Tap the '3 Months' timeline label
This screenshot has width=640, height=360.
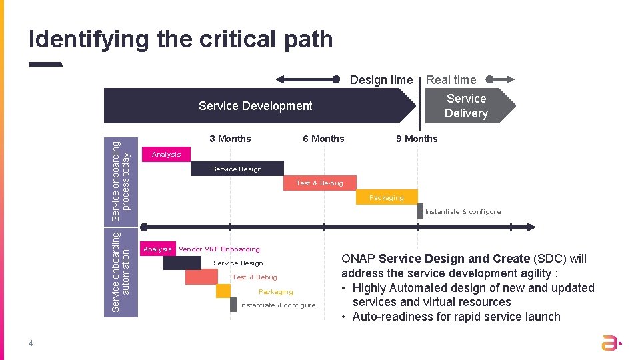(x=230, y=139)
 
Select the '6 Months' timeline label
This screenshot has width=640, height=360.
(x=323, y=139)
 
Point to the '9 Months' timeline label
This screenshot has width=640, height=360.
(x=417, y=139)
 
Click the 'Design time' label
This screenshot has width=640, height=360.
(x=381, y=80)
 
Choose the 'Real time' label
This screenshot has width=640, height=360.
(x=451, y=80)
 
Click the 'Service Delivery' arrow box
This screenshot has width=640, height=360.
(x=466, y=105)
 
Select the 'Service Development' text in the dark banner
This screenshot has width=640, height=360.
(x=255, y=106)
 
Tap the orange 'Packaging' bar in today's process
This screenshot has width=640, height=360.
(x=387, y=197)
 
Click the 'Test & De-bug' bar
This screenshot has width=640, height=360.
(x=320, y=183)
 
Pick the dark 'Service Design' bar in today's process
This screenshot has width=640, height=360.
(x=237, y=169)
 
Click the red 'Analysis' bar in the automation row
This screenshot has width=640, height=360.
(x=157, y=249)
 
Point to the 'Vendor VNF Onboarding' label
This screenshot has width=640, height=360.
(x=219, y=249)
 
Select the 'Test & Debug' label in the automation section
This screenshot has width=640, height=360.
(x=254, y=277)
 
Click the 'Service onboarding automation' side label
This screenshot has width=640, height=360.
(x=121, y=273)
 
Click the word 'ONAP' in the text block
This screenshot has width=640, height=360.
(x=358, y=259)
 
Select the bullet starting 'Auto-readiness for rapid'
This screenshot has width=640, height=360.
(x=456, y=317)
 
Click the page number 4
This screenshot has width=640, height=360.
(x=31, y=344)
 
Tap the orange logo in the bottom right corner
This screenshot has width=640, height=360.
(x=610, y=343)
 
